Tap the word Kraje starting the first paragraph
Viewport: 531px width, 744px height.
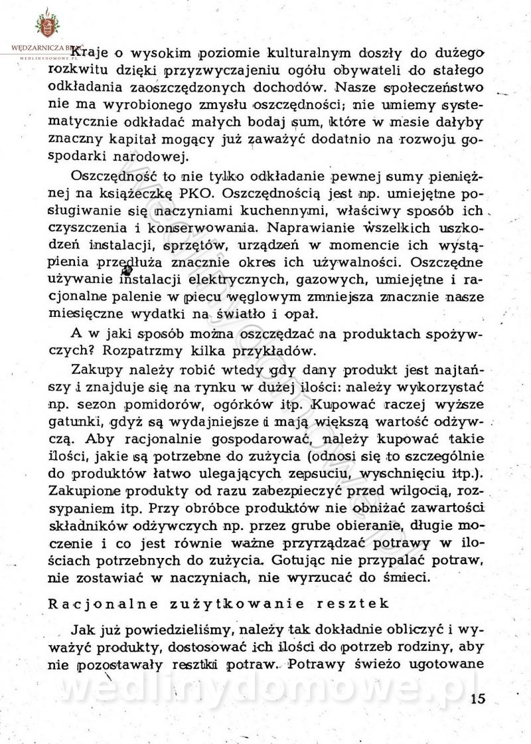pos(90,52)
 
